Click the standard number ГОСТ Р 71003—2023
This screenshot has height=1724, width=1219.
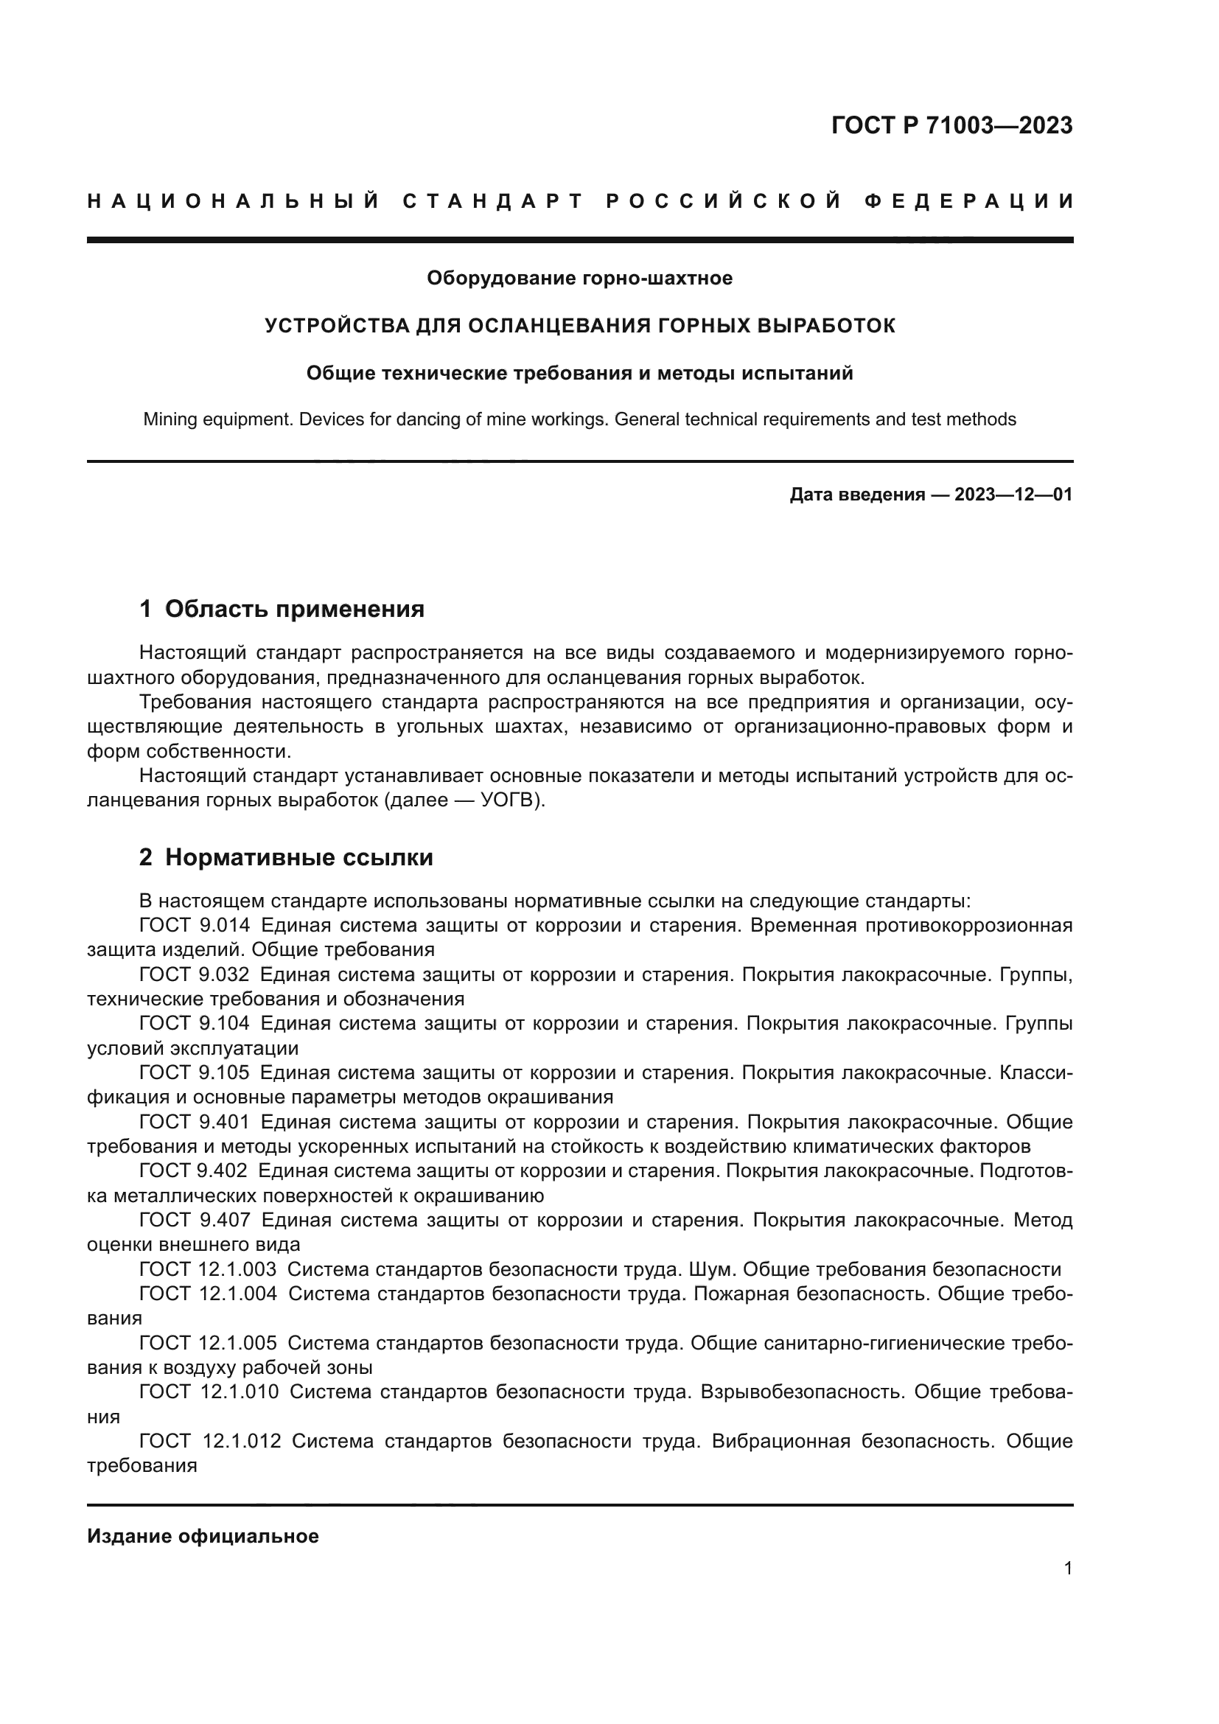pos(951,125)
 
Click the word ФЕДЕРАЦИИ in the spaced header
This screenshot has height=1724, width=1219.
pos(969,201)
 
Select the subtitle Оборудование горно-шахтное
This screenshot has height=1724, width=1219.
pos(579,279)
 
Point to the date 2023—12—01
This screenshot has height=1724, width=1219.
pos(1013,495)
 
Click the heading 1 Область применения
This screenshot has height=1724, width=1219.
pos(282,608)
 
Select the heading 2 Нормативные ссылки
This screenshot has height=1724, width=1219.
pos(286,856)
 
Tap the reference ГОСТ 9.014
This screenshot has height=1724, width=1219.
pos(195,925)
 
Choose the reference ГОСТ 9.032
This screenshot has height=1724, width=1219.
pos(195,974)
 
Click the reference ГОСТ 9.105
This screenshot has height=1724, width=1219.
pos(195,1073)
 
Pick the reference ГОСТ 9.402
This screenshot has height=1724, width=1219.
pos(194,1170)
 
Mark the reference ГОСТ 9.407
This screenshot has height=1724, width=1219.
pos(195,1220)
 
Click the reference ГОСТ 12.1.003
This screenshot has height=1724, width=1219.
pos(208,1270)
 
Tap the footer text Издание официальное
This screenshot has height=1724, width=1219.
pos(203,1536)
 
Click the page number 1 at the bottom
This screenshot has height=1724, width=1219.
pos(1068,1568)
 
